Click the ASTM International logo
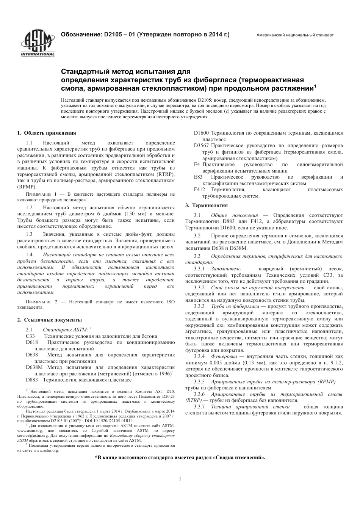(37, 42)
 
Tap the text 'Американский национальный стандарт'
(295, 35)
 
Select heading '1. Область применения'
(47, 133)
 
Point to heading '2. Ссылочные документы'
(49, 320)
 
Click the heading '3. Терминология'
(206, 205)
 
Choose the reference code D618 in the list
(32, 342)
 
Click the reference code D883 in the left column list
(32, 380)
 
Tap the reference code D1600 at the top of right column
(201, 133)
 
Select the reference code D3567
(201, 146)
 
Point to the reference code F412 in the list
(199, 189)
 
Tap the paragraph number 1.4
(29, 255)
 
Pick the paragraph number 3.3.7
(199, 406)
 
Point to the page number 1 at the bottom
(180, 479)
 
